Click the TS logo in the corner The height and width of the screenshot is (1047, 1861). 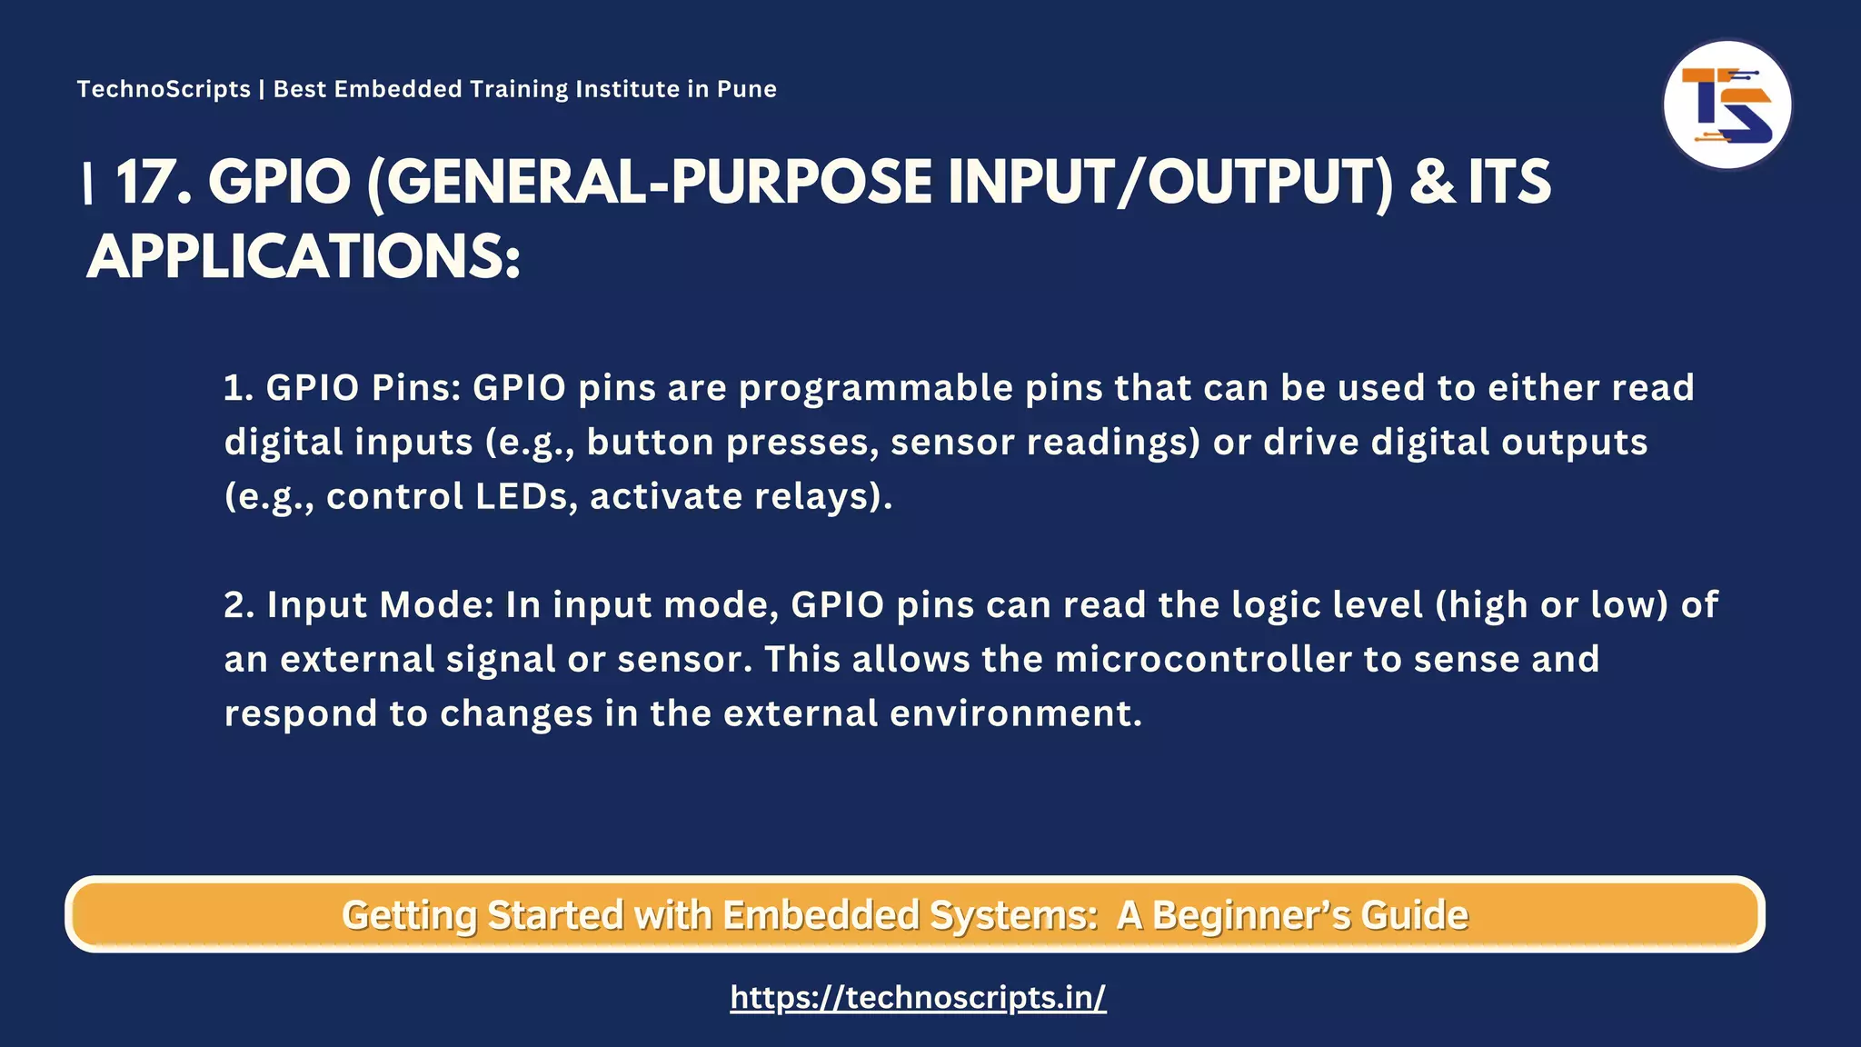coord(1727,105)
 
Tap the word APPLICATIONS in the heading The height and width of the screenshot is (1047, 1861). coord(304,257)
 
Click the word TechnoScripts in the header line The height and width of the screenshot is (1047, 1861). coord(164,89)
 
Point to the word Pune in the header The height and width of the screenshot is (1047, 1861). coord(746,89)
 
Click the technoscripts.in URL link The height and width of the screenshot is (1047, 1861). coord(918,998)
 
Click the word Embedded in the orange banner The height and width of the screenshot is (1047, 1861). coord(821,915)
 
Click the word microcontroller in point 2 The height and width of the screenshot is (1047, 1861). coord(1203,659)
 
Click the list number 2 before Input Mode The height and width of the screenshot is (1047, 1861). coord(237,605)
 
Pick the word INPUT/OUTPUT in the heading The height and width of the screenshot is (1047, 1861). coord(1169,183)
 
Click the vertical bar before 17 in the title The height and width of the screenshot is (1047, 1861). coord(88,184)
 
